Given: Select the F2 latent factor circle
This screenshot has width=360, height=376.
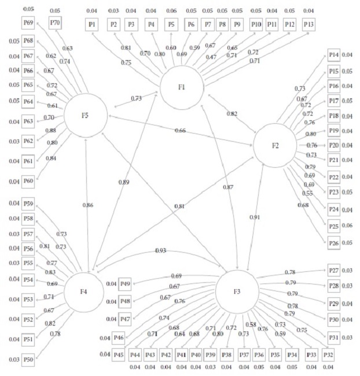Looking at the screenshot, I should [x=275, y=145].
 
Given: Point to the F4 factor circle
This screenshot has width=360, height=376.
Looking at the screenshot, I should [x=86, y=290].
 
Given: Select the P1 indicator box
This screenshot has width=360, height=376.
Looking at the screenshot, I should [x=92, y=24].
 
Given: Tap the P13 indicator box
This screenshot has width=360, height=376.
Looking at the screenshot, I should [x=308, y=24].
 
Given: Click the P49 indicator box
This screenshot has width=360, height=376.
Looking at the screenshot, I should [x=125, y=283].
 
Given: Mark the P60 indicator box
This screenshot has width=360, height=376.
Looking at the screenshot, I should [x=28, y=182].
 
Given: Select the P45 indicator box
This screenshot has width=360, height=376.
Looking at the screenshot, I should [x=120, y=354].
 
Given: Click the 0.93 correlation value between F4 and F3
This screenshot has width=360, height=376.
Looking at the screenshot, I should [x=160, y=250].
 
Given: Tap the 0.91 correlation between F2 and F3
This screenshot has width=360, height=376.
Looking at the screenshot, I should [x=255, y=217].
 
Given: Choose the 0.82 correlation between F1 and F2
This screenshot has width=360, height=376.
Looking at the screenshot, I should [x=232, y=113].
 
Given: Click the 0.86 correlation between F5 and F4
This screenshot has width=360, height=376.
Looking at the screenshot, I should [x=88, y=205].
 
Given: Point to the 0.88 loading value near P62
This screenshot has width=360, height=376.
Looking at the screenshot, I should [x=50, y=130].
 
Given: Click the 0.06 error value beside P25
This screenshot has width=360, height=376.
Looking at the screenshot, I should [x=348, y=226].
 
